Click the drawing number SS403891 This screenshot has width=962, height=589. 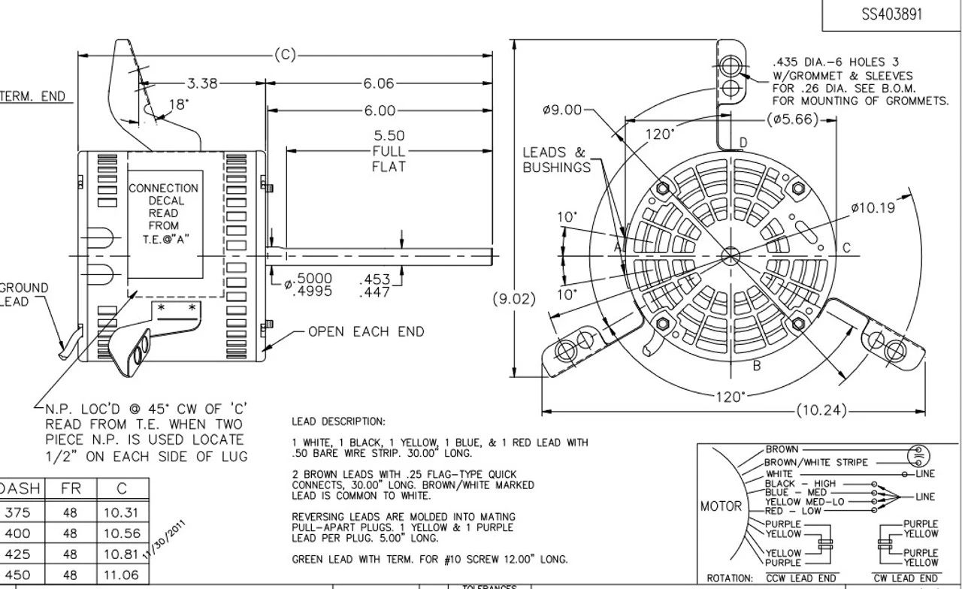[x=892, y=15]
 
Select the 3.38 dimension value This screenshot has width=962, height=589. [x=202, y=84]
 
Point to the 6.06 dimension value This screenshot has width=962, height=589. [x=379, y=84]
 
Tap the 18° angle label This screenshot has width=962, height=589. [x=179, y=105]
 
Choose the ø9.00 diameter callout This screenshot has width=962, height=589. [x=562, y=110]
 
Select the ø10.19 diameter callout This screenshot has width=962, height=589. [x=873, y=208]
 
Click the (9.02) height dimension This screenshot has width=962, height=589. [x=515, y=299]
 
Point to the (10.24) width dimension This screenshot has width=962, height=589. [x=821, y=410]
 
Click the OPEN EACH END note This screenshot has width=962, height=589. [x=366, y=331]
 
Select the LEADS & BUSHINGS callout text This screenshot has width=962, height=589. [x=556, y=160]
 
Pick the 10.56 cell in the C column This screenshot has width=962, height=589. [x=122, y=533]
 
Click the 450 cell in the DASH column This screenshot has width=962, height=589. [x=18, y=575]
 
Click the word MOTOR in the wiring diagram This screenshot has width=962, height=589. [x=721, y=506]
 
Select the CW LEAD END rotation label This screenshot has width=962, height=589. [x=905, y=578]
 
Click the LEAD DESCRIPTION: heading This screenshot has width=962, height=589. [x=338, y=421]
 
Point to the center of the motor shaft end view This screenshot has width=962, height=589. [x=729, y=256]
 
